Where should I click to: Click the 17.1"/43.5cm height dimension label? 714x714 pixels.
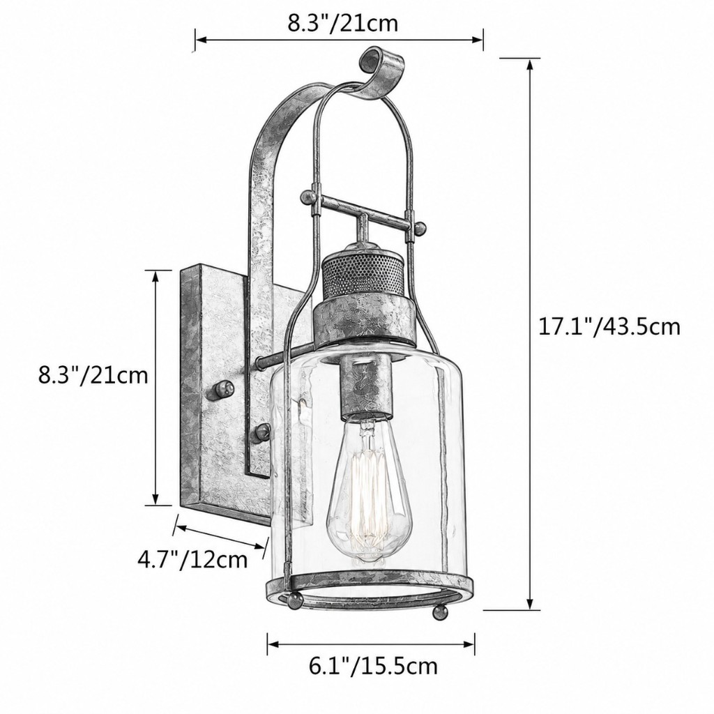609,326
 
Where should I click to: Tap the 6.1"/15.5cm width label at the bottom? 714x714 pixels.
373,666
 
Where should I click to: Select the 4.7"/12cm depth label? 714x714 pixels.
192,559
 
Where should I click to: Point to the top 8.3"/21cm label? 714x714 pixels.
342,23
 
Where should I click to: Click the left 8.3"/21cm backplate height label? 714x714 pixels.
93,376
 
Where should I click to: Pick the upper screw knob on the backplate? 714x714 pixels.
223,388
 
